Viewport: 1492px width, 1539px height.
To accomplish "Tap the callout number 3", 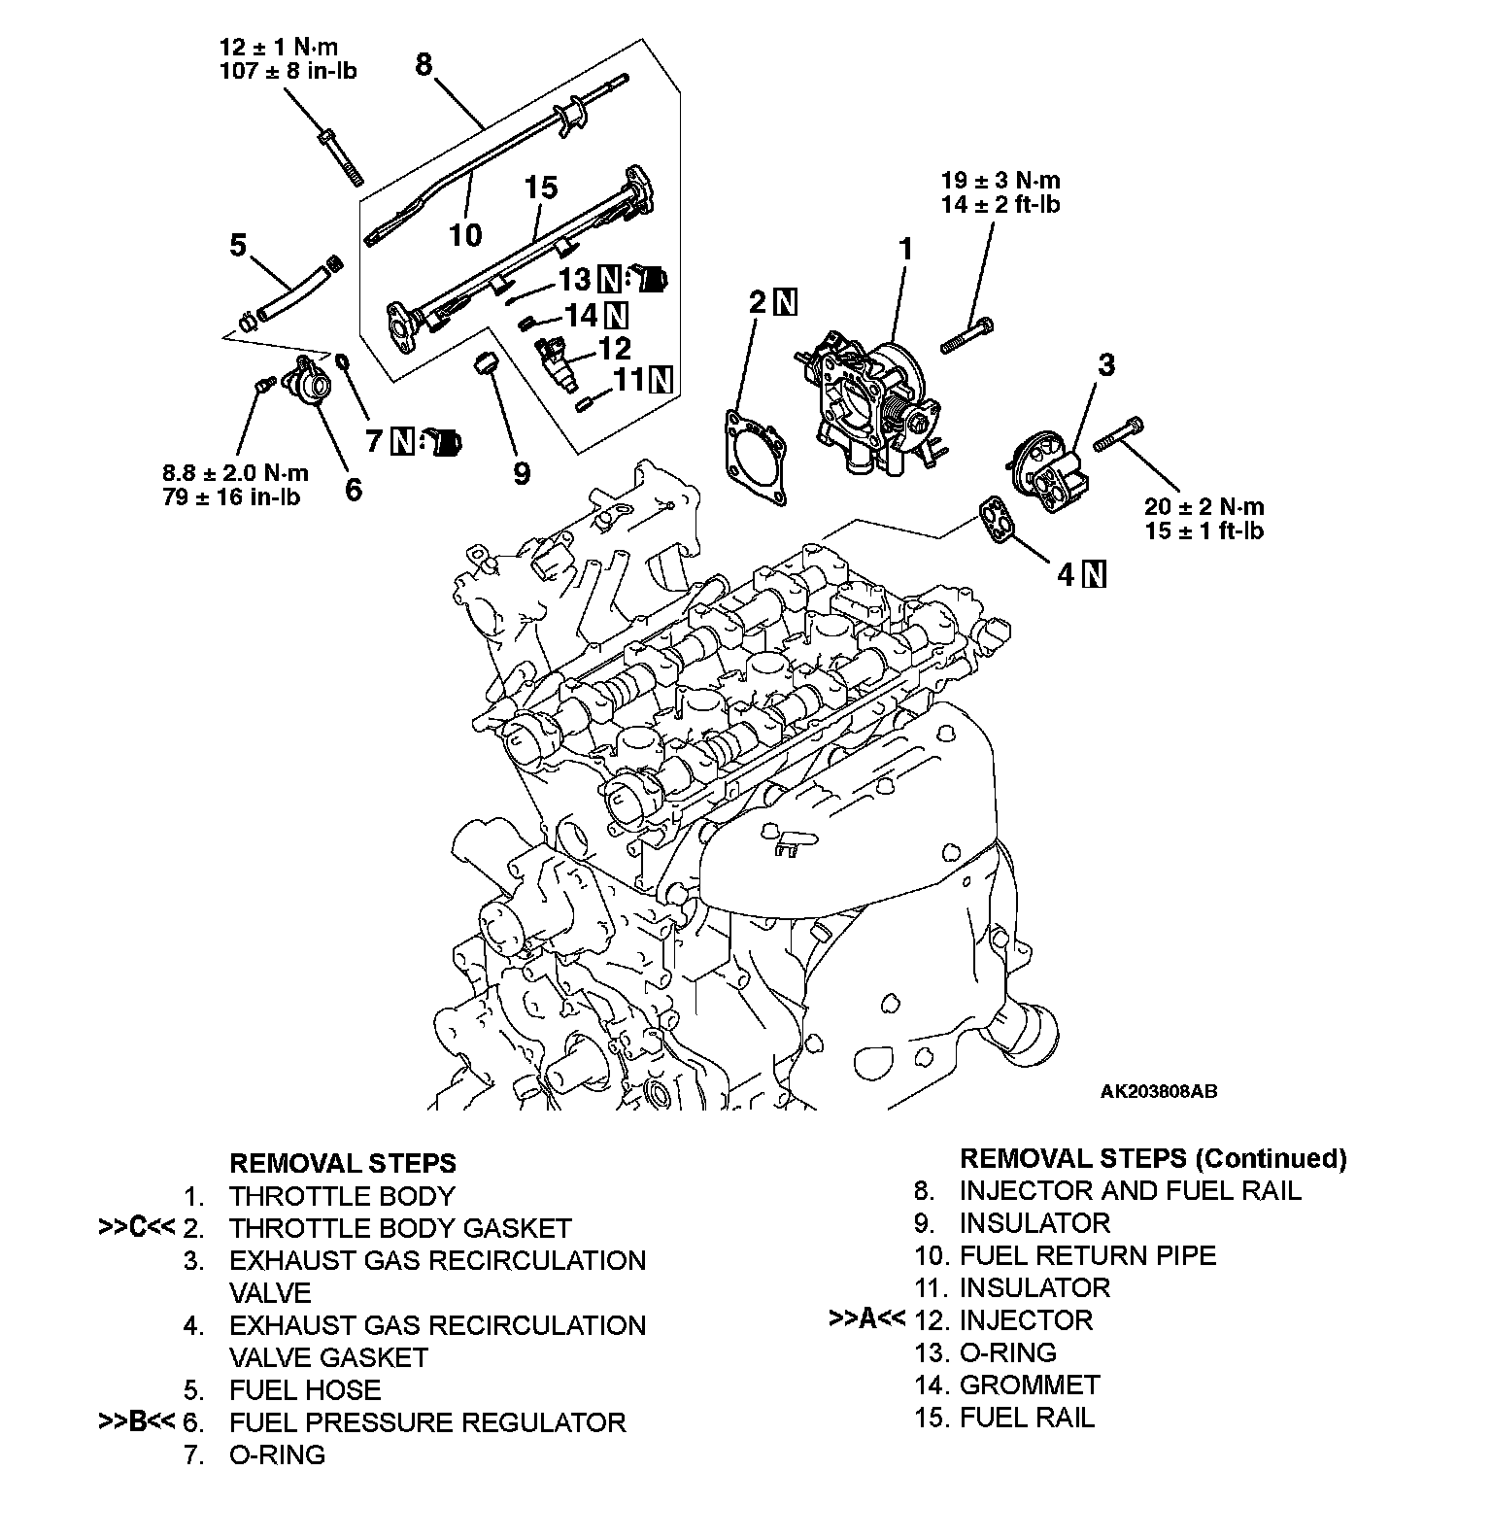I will click(x=1105, y=365).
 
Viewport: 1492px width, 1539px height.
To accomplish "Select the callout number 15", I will click(x=542, y=187).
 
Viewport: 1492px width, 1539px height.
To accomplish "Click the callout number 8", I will click(x=424, y=64).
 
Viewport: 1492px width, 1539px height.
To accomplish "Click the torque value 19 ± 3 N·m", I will click(x=1000, y=180).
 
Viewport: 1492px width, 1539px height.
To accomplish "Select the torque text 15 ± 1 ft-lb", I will click(x=1205, y=530).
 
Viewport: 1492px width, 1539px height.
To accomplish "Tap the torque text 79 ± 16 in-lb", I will click(x=231, y=496).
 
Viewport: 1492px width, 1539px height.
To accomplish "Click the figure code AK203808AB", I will click(x=1158, y=1091).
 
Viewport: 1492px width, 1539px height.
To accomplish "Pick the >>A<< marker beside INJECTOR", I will click(x=866, y=1319).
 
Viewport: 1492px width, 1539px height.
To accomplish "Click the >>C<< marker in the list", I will click(x=136, y=1228).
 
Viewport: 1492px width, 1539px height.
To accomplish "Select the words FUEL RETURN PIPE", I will click(x=1087, y=1255).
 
